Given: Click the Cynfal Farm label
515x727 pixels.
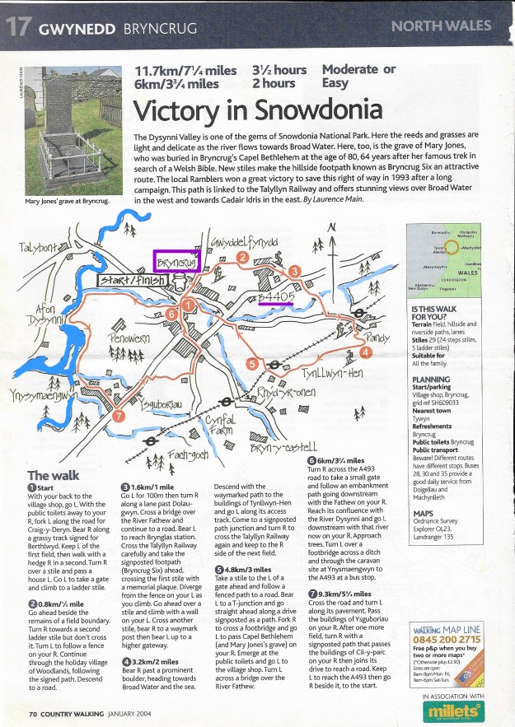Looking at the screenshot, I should click(216, 427).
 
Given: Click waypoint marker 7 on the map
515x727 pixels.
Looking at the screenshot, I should click(119, 416).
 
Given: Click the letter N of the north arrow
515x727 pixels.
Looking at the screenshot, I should click(331, 227).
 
